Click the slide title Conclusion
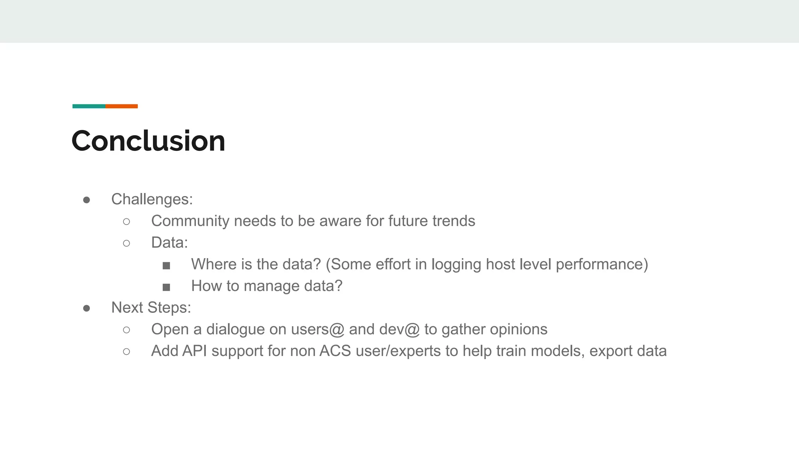tap(148, 141)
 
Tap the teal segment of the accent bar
tap(89, 106)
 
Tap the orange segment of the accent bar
tap(121, 106)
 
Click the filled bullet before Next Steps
tap(87, 308)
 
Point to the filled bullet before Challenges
tap(87, 200)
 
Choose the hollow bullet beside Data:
tap(126, 243)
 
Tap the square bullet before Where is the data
tap(166, 266)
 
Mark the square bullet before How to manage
tap(166, 287)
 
